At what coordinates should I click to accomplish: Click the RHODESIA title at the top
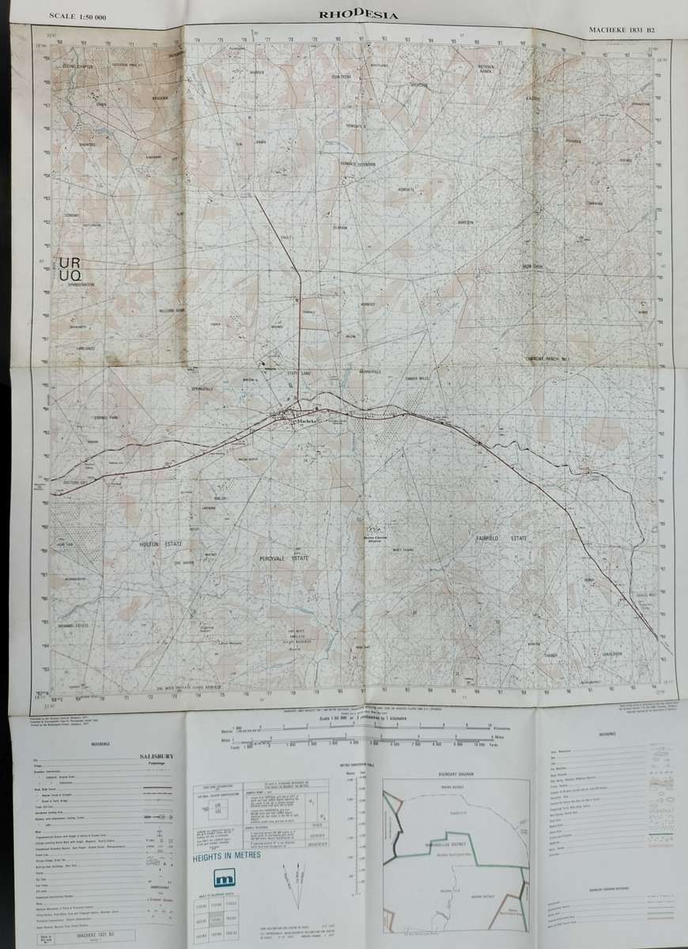358,13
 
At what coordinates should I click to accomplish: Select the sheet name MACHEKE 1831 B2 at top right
622,29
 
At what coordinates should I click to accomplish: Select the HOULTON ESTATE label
156,545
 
